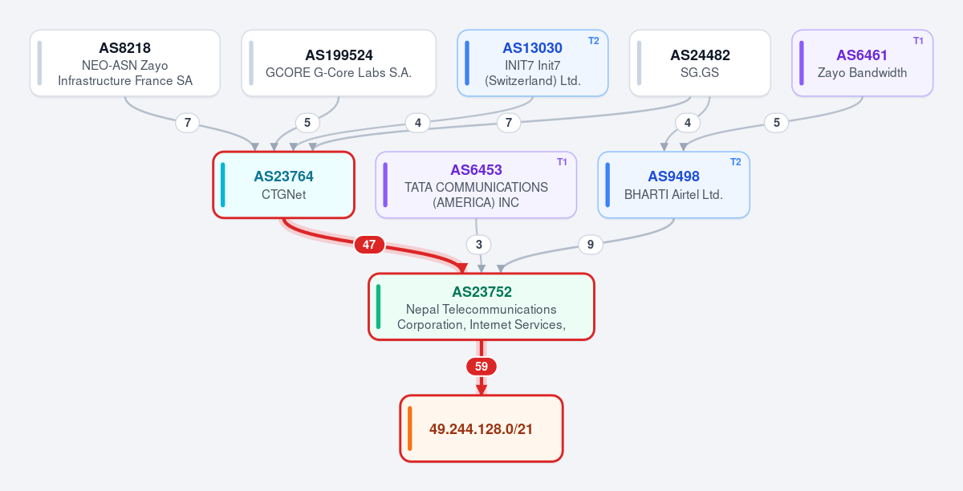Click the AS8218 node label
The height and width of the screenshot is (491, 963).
point(124,47)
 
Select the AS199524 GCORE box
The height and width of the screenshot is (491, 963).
point(339,63)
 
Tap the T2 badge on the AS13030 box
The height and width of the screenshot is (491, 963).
point(593,41)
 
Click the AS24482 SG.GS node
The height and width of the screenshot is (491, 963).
point(700,63)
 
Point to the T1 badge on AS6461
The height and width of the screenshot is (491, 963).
point(918,41)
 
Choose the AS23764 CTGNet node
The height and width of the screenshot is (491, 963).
point(284,185)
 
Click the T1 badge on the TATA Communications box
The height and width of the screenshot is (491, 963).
point(562,162)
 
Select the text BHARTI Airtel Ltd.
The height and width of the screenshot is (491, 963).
point(673,195)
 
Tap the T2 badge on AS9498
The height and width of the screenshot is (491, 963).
point(736,162)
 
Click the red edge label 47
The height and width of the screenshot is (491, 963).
point(369,245)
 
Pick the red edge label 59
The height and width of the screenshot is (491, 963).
point(481,367)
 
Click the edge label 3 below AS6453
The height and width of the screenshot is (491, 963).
point(479,245)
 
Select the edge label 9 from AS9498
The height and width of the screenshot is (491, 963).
point(591,245)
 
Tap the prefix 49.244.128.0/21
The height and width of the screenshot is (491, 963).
point(481,429)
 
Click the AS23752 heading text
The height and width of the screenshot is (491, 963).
point(481,292)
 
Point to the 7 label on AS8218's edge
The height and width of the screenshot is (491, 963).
point(188,123)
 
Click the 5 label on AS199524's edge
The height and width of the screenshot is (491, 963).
point(307,123)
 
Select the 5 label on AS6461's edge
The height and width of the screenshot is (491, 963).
point(777,123)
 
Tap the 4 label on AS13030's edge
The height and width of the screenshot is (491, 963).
point(418,123)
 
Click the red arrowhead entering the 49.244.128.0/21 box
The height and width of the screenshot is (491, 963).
point(481,390)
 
